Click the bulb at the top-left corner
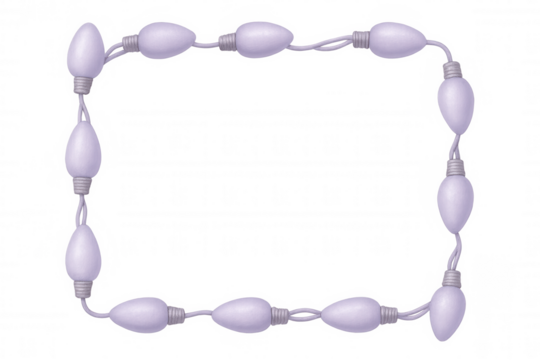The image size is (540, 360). tap(84, 47)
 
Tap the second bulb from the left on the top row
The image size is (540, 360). tap(165, 39)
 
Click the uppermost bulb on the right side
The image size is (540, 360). tap(455, 100)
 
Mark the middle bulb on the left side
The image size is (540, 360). tap(82, 148)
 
